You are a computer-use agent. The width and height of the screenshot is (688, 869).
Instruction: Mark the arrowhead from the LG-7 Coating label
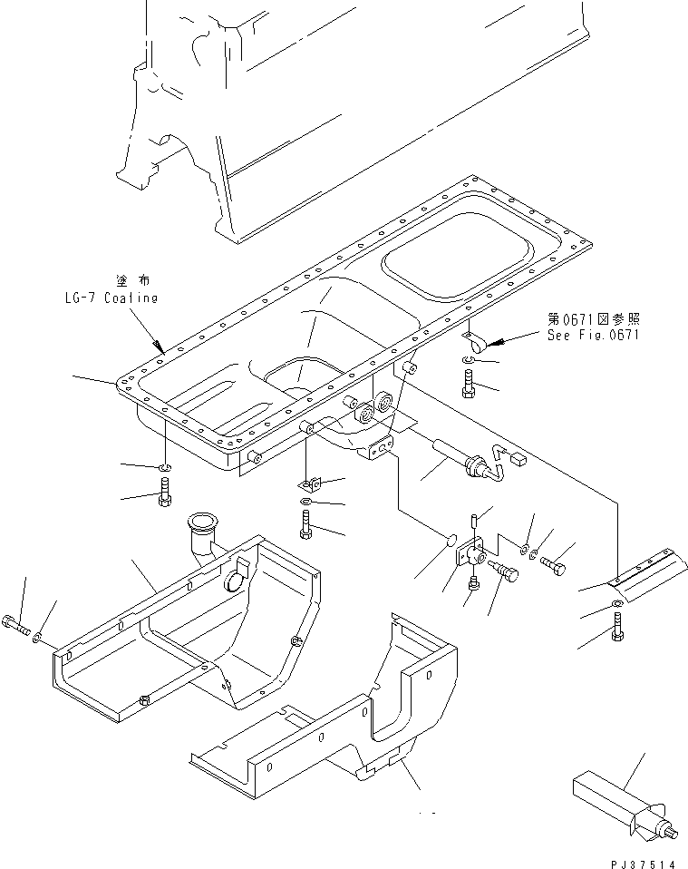point(160,347)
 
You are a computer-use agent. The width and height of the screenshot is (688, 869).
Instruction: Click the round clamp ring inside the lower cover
point(238,571)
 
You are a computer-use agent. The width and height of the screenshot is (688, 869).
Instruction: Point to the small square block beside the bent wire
point(519,460)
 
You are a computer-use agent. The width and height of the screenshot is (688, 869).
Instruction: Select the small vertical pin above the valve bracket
point(475,521)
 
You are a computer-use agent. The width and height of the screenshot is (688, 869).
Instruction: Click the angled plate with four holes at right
point(642,572)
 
